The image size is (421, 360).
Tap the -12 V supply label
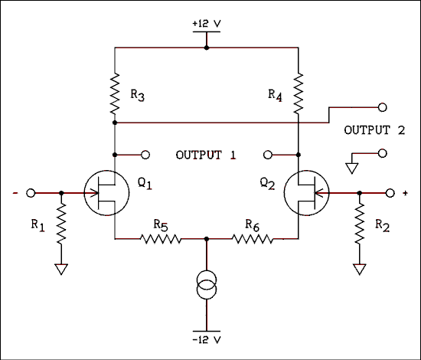coord(207,339)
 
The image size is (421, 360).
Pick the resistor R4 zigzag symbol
coord(298,91)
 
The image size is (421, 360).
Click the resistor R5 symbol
coord(161,239)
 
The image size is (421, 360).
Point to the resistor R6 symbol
coord(252,239)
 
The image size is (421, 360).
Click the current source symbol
coord(207,287)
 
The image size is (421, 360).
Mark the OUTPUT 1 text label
coord(206,155)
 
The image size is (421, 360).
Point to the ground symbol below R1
coord(60,268)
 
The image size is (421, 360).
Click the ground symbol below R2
coord(358,268)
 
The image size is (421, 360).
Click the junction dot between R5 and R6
coord(207,239)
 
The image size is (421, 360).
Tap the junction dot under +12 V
coord(207,47)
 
